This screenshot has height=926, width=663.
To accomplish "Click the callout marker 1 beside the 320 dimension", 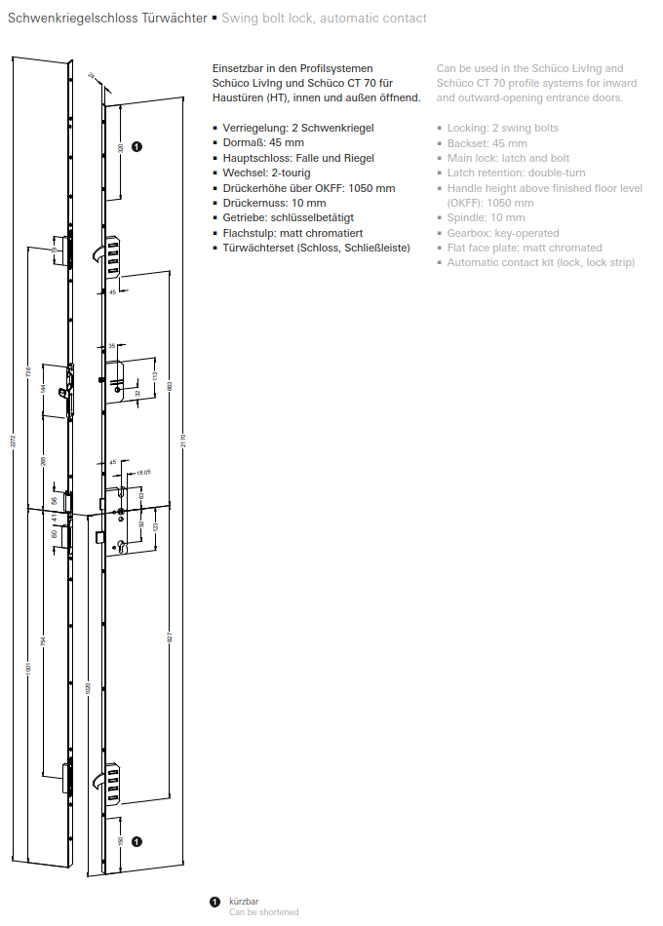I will click(x=136, y=147).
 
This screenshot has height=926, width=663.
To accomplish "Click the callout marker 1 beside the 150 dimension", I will click(x=136, y=840).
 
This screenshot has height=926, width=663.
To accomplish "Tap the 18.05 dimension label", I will click(x=144, y=472).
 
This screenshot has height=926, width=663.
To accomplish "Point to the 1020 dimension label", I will click(x=88, y=687).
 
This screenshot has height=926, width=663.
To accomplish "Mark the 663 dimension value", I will click(x=169, y=387).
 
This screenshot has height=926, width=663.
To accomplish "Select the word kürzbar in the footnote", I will click(x=244, y=902).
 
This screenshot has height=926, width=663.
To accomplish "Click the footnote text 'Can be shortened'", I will click(x=263, y=912).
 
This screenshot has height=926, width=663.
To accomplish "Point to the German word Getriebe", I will click(x=245, y=218).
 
